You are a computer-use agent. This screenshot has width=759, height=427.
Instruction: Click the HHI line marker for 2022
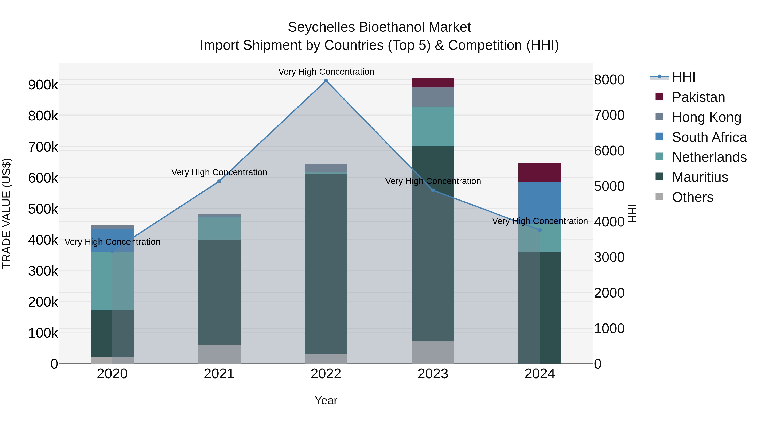(326, 81)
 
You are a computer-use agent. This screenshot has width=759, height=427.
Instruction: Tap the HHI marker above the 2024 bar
(540, 230)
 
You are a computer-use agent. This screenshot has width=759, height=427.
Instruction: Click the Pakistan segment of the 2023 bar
(433, 83)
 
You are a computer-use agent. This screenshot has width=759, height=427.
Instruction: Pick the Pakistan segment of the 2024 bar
(540, 172)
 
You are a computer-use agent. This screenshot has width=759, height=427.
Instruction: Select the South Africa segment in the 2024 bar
(540, 200)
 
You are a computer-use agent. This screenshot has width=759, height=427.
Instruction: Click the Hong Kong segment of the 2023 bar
(433, 97)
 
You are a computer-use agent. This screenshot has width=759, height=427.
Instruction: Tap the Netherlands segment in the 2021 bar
(219, 228)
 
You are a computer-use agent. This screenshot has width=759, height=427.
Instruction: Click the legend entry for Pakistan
(698, 97)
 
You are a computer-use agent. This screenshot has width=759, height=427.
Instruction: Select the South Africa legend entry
(709, 137)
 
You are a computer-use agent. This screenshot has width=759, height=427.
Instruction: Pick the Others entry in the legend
(692, 197)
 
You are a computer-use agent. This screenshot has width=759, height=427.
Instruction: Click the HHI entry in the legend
(683, 77)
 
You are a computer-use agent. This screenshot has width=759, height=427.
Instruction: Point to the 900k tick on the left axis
(43, 85)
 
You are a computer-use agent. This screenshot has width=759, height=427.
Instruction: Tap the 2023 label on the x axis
(433, 374)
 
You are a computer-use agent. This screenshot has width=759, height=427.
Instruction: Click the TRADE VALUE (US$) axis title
(7, 213)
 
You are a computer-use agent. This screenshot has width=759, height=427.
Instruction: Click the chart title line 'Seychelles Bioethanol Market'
(379, 27)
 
